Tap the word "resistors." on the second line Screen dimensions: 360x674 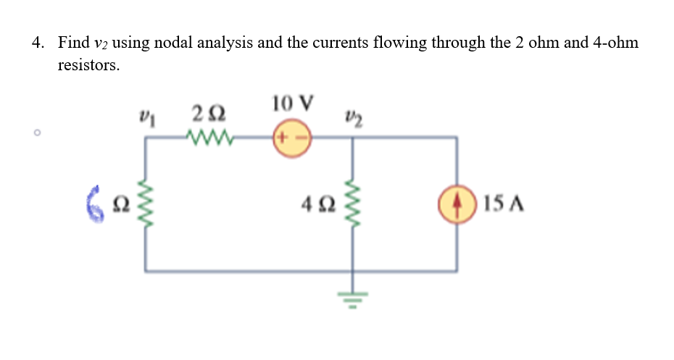tap(88, 65)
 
